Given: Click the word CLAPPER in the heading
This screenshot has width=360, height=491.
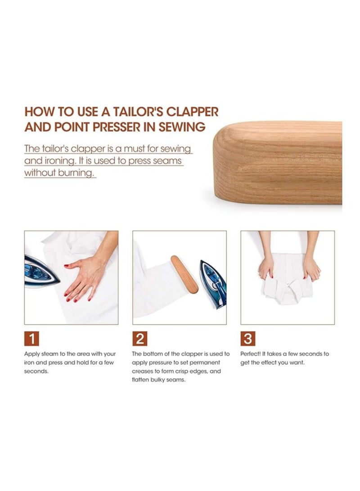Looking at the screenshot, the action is coord(192,112).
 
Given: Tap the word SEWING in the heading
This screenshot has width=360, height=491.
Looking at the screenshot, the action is coord(182,127).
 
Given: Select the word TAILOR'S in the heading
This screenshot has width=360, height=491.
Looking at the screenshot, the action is coord(138,112).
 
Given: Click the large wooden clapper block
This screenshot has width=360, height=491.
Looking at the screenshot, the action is coord(277,162).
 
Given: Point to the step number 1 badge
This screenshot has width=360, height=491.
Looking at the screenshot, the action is coord(31,339).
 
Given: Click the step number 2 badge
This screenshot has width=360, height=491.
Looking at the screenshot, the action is coord(140,339).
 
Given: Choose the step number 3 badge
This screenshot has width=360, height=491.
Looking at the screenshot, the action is coord(248,339).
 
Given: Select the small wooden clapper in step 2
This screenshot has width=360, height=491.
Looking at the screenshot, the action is coord(184,274).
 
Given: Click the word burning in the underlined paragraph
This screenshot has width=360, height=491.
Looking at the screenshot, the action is coord(76,173).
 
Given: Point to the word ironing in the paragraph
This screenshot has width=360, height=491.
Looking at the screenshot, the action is coord(56,161).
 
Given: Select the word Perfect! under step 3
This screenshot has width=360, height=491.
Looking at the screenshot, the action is coord(250,354).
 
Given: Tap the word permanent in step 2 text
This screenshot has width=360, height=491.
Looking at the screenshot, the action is coord(207,362).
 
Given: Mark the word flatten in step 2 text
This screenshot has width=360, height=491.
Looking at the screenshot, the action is coord(140,380).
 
